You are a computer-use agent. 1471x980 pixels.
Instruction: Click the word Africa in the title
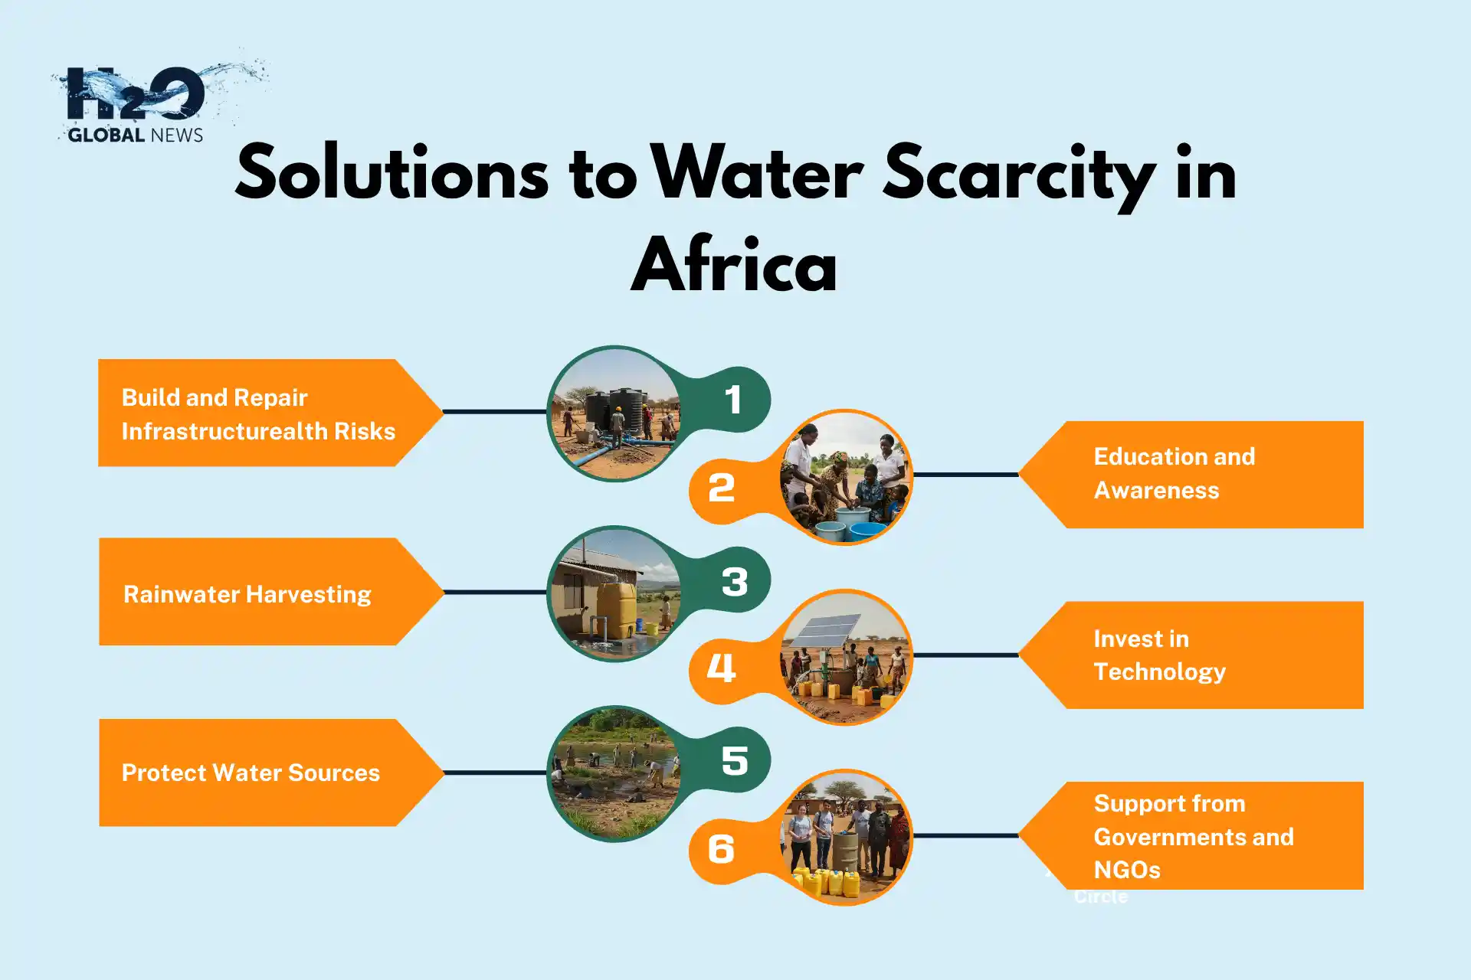click(733, 265)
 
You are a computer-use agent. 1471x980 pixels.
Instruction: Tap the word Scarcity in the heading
click(1019, 175)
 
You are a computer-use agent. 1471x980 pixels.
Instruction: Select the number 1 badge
click(733, 400)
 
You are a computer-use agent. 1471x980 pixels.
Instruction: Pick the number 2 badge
click(721, 488)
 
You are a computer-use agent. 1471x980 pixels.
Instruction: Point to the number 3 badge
click(734, 582)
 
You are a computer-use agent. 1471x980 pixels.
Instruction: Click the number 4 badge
click(721, 668)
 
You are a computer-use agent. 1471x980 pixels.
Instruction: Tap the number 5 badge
click(734, 760)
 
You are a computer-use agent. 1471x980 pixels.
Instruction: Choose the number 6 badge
click(721, 849)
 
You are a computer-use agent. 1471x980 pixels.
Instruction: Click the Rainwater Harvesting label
click(247, 594)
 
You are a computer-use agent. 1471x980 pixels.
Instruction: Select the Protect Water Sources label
click(251, 773)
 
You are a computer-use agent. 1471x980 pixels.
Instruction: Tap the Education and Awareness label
click(1174, 473)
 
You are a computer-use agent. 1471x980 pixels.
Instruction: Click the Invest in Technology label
click(1158, 655)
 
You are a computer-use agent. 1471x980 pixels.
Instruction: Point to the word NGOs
click(1126, 871)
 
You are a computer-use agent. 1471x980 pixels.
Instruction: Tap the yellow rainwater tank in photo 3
click(617, 609)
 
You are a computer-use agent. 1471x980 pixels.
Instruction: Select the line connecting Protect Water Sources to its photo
click(495, 773)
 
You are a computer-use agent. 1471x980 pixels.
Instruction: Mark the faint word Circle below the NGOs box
click(1100, 897)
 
